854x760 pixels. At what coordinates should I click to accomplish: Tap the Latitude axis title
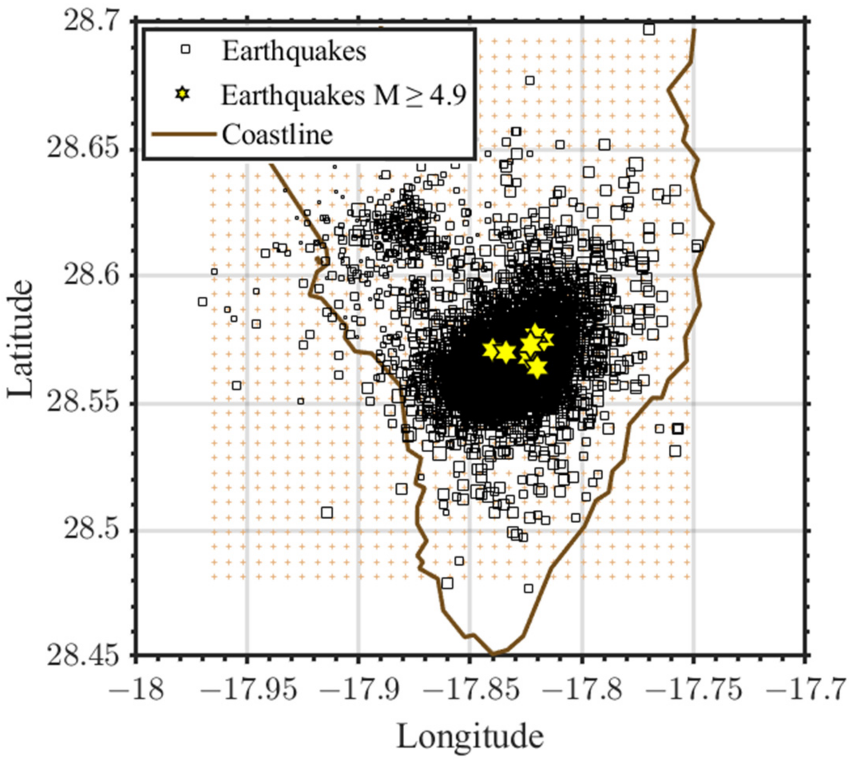coord(20,339)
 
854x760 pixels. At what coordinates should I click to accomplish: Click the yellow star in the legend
coord(183,95)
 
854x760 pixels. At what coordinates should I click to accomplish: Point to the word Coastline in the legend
coord(277,135)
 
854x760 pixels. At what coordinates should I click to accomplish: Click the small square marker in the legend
coord(185,49)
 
